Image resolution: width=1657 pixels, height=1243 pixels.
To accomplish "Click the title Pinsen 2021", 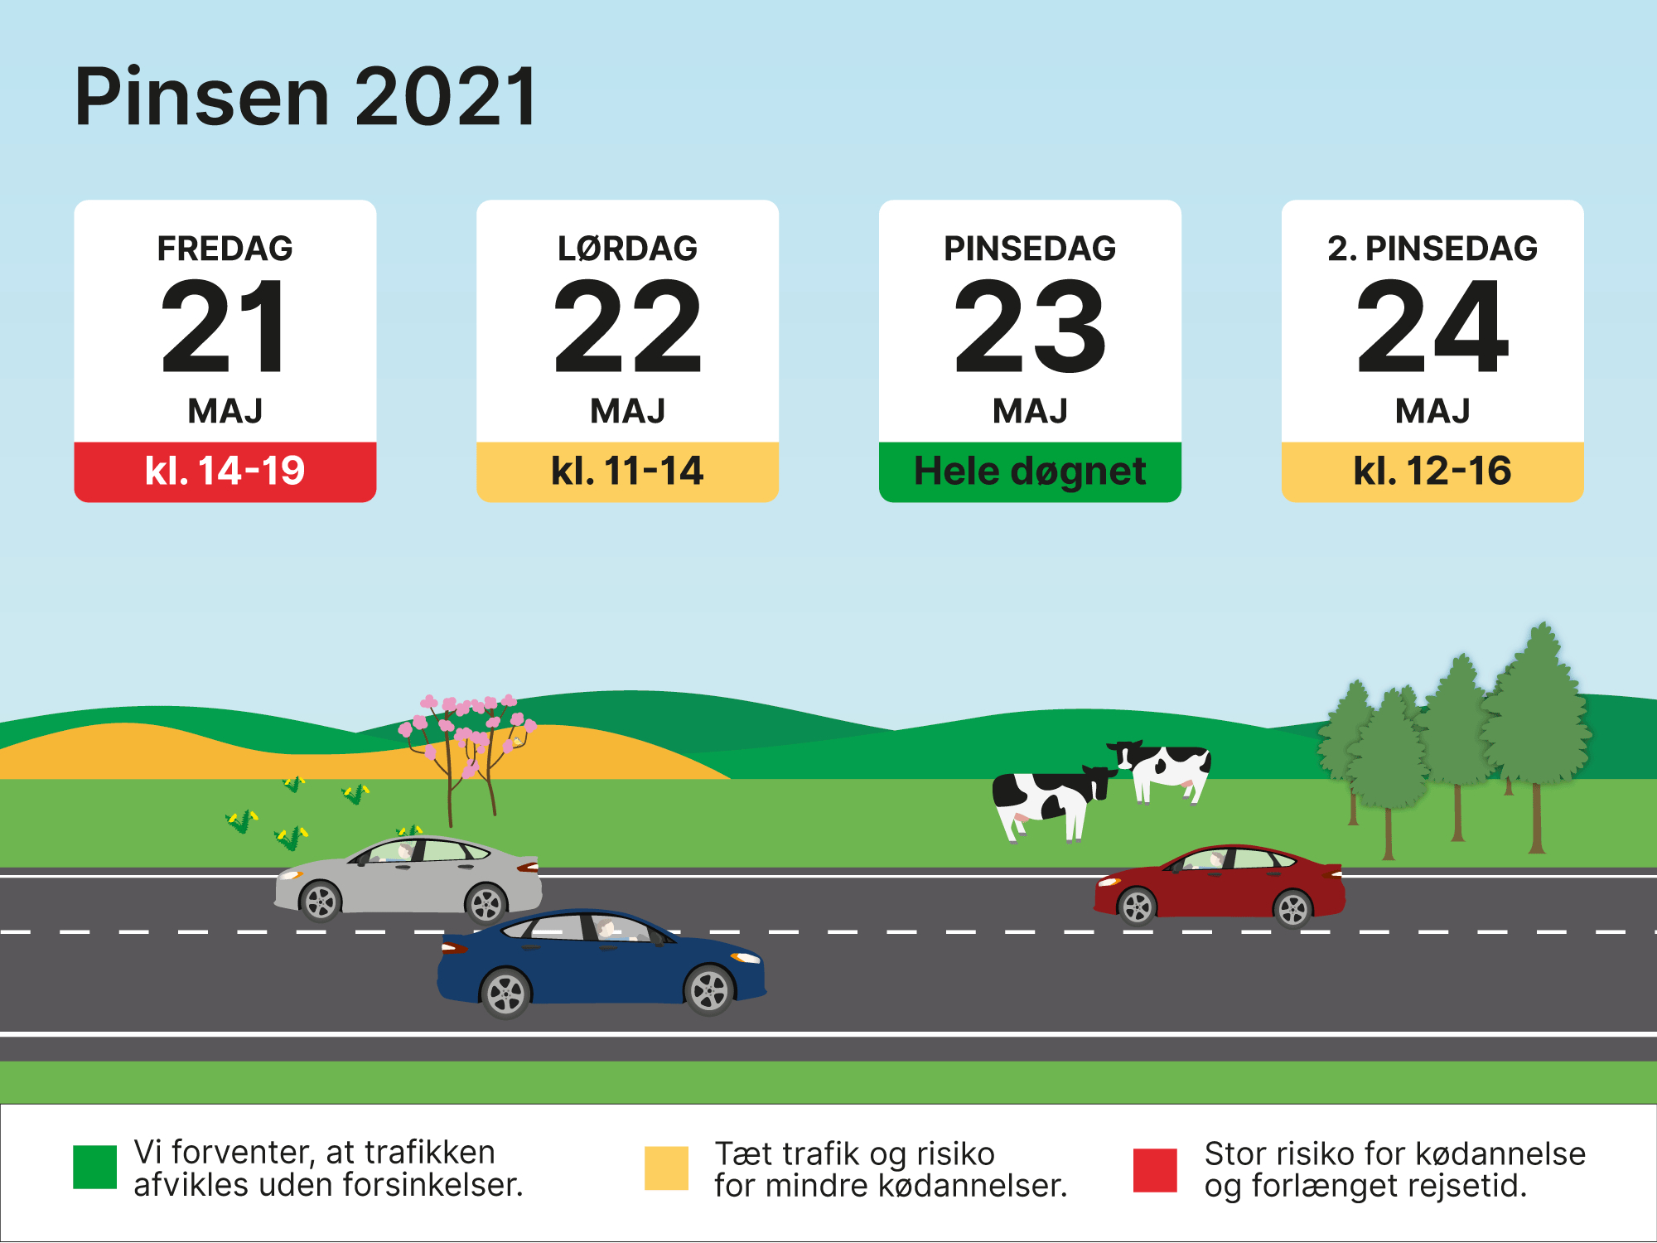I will click(306, 97).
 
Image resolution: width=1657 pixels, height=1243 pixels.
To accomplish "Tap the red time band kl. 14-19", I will click(225, 471).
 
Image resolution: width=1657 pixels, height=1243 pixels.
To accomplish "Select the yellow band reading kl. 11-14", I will click(627, 471).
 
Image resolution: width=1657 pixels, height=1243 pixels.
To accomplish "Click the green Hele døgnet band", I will click(1030, 471).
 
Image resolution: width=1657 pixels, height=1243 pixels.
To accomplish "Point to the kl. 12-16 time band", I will click(1432, 471).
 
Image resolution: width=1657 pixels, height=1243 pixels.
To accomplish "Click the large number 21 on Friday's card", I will click(225, 326).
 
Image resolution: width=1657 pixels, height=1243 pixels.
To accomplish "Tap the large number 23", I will click(1030, 326).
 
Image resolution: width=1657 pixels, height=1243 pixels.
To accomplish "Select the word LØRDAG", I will click(627, 249).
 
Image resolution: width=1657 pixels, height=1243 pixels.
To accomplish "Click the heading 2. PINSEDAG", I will click(1432, 249).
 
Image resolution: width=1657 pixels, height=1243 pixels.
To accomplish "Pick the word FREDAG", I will click(225, 249).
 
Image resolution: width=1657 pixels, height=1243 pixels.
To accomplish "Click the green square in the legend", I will click(94, 1168).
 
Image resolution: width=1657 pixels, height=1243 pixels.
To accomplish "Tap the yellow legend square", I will click(666, 1168).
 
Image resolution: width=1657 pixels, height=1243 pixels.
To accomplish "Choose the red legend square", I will click(1155, 1169).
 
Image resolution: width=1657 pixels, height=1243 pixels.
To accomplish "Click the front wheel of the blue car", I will click(709, 990).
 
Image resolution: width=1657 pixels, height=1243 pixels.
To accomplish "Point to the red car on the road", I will click(1218, 885).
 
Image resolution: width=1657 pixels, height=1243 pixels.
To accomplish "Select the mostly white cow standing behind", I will click(1164, 767).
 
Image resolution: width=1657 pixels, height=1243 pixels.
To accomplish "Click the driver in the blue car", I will click(607, 929).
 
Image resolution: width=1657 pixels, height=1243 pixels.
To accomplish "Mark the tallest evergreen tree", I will click(1537, 713).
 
